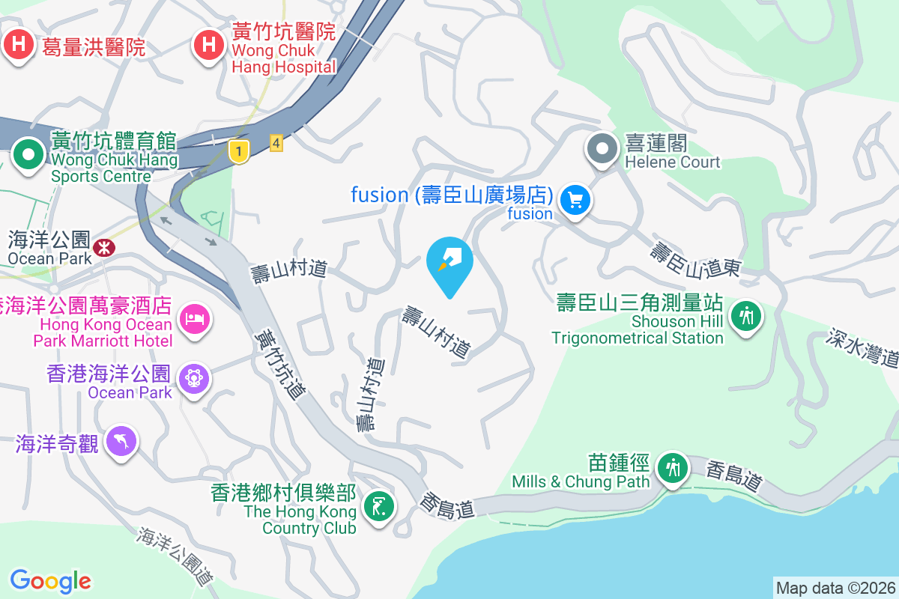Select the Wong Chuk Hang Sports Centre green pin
point(29,156)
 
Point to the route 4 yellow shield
point(276,142)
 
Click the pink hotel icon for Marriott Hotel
point(195,320)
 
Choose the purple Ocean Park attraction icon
point(195,379)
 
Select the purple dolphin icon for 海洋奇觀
point(121,442)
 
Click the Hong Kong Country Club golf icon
point(379,506)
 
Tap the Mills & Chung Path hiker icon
point(672,468)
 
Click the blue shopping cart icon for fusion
point(575,200)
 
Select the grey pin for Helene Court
point(602,148)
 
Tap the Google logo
point(50,581)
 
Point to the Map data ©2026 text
point(835,588)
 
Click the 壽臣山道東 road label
point(694,261)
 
